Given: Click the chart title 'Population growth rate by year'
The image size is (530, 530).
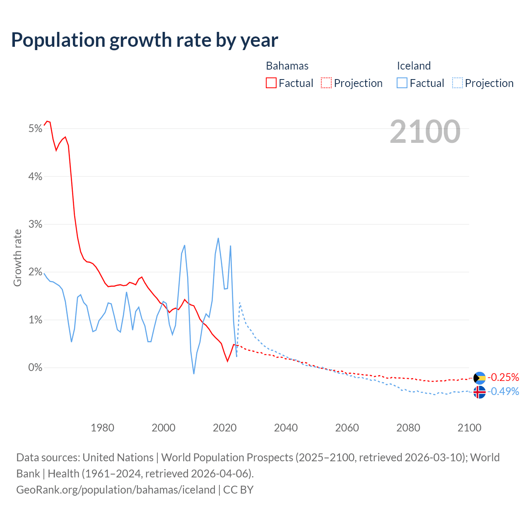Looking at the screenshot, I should pyautogui.click(x=145, y=40).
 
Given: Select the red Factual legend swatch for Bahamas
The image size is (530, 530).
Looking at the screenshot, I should pyautogui.click(x=271, y=83).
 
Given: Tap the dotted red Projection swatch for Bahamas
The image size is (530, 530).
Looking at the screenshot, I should pyautogui.click(x=326, y=83).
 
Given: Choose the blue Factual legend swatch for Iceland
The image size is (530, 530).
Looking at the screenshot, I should pyautogui.click(x=402, y=83).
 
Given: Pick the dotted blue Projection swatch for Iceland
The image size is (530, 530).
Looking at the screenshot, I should pyautogui.click(x=457, y=83).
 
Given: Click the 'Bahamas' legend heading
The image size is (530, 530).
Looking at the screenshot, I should pyautogui.click(x=287, y=66).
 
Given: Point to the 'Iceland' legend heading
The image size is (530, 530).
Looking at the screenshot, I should pyautogui.click(x=414, y=66).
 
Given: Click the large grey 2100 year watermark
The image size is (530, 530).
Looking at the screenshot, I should pyautogui.click(x=425, y=132).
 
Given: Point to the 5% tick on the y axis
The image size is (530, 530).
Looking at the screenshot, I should pyautogui.click(x=36, y=129).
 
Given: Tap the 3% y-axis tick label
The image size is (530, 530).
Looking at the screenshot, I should pyautogui.click(x=36, y=224).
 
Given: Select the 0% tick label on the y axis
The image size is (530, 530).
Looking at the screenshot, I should pyautogui.click(x=36, y=368).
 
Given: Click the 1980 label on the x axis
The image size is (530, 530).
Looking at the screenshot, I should pyautogui.click(x=102, y=428).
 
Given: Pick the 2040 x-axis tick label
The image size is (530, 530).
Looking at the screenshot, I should pyautogui.click(x=286, y=428).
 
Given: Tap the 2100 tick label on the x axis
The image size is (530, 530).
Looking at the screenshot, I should pyautogui.click(x=469, y=428).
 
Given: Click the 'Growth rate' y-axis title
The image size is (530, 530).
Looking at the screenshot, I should pyautogui.click(x=17, y=258).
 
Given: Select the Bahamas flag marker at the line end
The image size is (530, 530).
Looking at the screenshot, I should pyautogui.click(x=479, y=378).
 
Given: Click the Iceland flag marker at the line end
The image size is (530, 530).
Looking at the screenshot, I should pyautogui.click(x=479, y=392).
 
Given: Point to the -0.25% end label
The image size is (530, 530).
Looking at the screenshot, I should pyautogui.click(x=503, y=377).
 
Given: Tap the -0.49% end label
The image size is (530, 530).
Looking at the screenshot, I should pyautogui.click(x=503, y=391).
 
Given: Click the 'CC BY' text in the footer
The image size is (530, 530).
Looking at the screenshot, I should pyautogui.click(x=238, y=490).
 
